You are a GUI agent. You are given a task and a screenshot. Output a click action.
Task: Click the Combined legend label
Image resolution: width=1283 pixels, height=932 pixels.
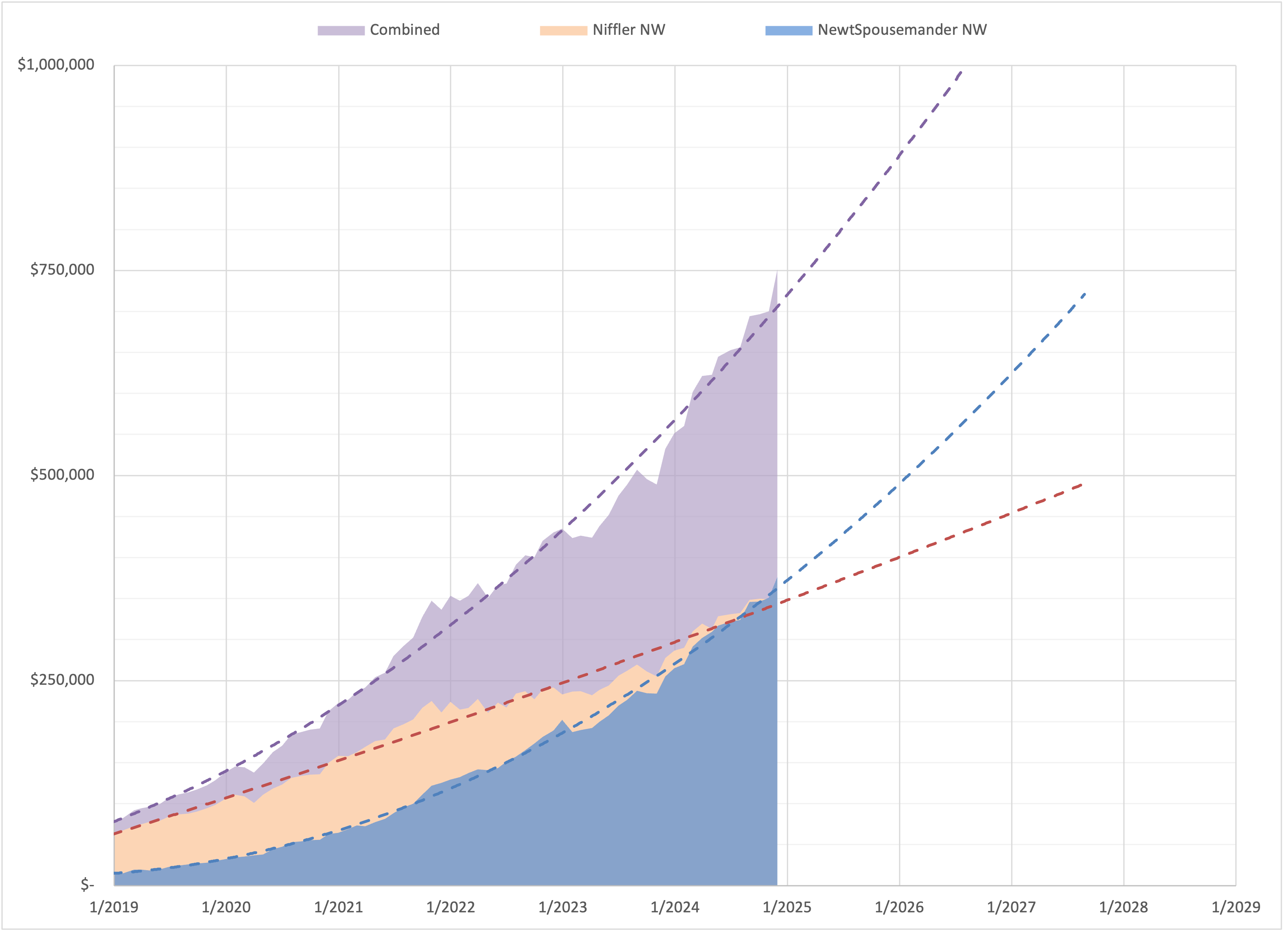tap(404, 30)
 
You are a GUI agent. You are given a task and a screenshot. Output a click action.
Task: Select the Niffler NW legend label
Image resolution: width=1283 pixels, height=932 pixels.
tap(629, 30)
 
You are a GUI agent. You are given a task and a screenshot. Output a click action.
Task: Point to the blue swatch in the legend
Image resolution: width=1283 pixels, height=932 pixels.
tap(789, 31)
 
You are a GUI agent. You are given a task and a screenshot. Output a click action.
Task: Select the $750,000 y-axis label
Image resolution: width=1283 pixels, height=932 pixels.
tap(62, 270)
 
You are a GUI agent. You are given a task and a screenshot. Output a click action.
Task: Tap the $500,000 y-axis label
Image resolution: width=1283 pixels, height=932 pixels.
tap(62, 475)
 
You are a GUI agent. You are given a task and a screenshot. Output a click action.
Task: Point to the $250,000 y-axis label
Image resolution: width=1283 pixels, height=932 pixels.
tap(62, 679)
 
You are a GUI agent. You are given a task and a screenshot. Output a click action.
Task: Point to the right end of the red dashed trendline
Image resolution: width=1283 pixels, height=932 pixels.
tap(1082, 484)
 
